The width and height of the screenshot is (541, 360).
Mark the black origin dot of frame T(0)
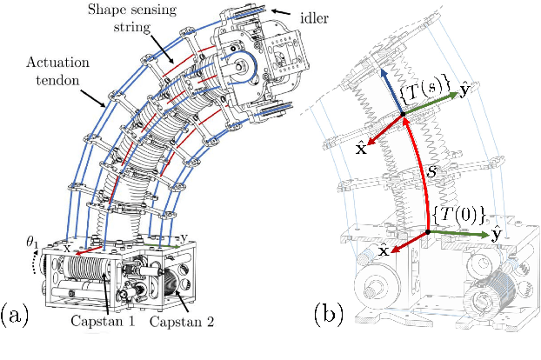tap(429, 231)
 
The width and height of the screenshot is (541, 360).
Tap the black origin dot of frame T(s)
tap(402, 115)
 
